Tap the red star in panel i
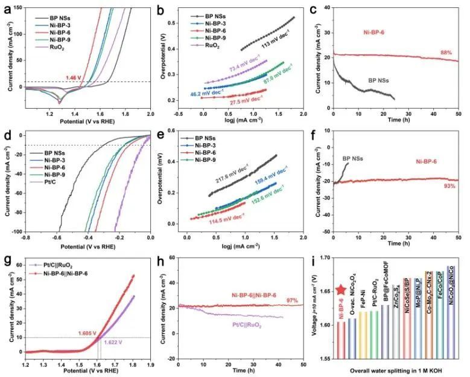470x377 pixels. click(340, 291)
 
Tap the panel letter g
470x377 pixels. click(8, 261)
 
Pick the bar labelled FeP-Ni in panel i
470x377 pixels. click(363, 301)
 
